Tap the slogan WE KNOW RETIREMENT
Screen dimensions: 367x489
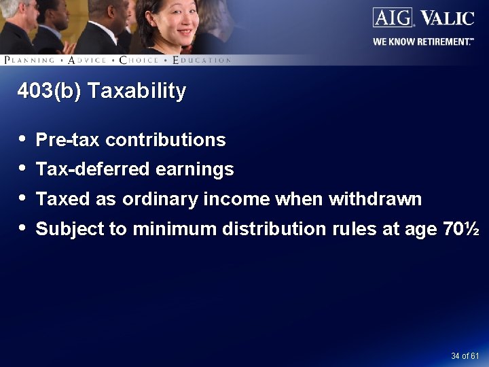coord(422,41)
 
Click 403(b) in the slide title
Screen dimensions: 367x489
coord(48,91)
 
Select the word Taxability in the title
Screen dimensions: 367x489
coord(142,91)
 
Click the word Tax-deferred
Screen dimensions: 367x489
coord(92,169)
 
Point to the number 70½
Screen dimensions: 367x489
coord(461,229)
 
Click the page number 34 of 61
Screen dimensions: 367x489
coord(465,356)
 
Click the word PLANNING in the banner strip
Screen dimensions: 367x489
coord(29,60)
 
